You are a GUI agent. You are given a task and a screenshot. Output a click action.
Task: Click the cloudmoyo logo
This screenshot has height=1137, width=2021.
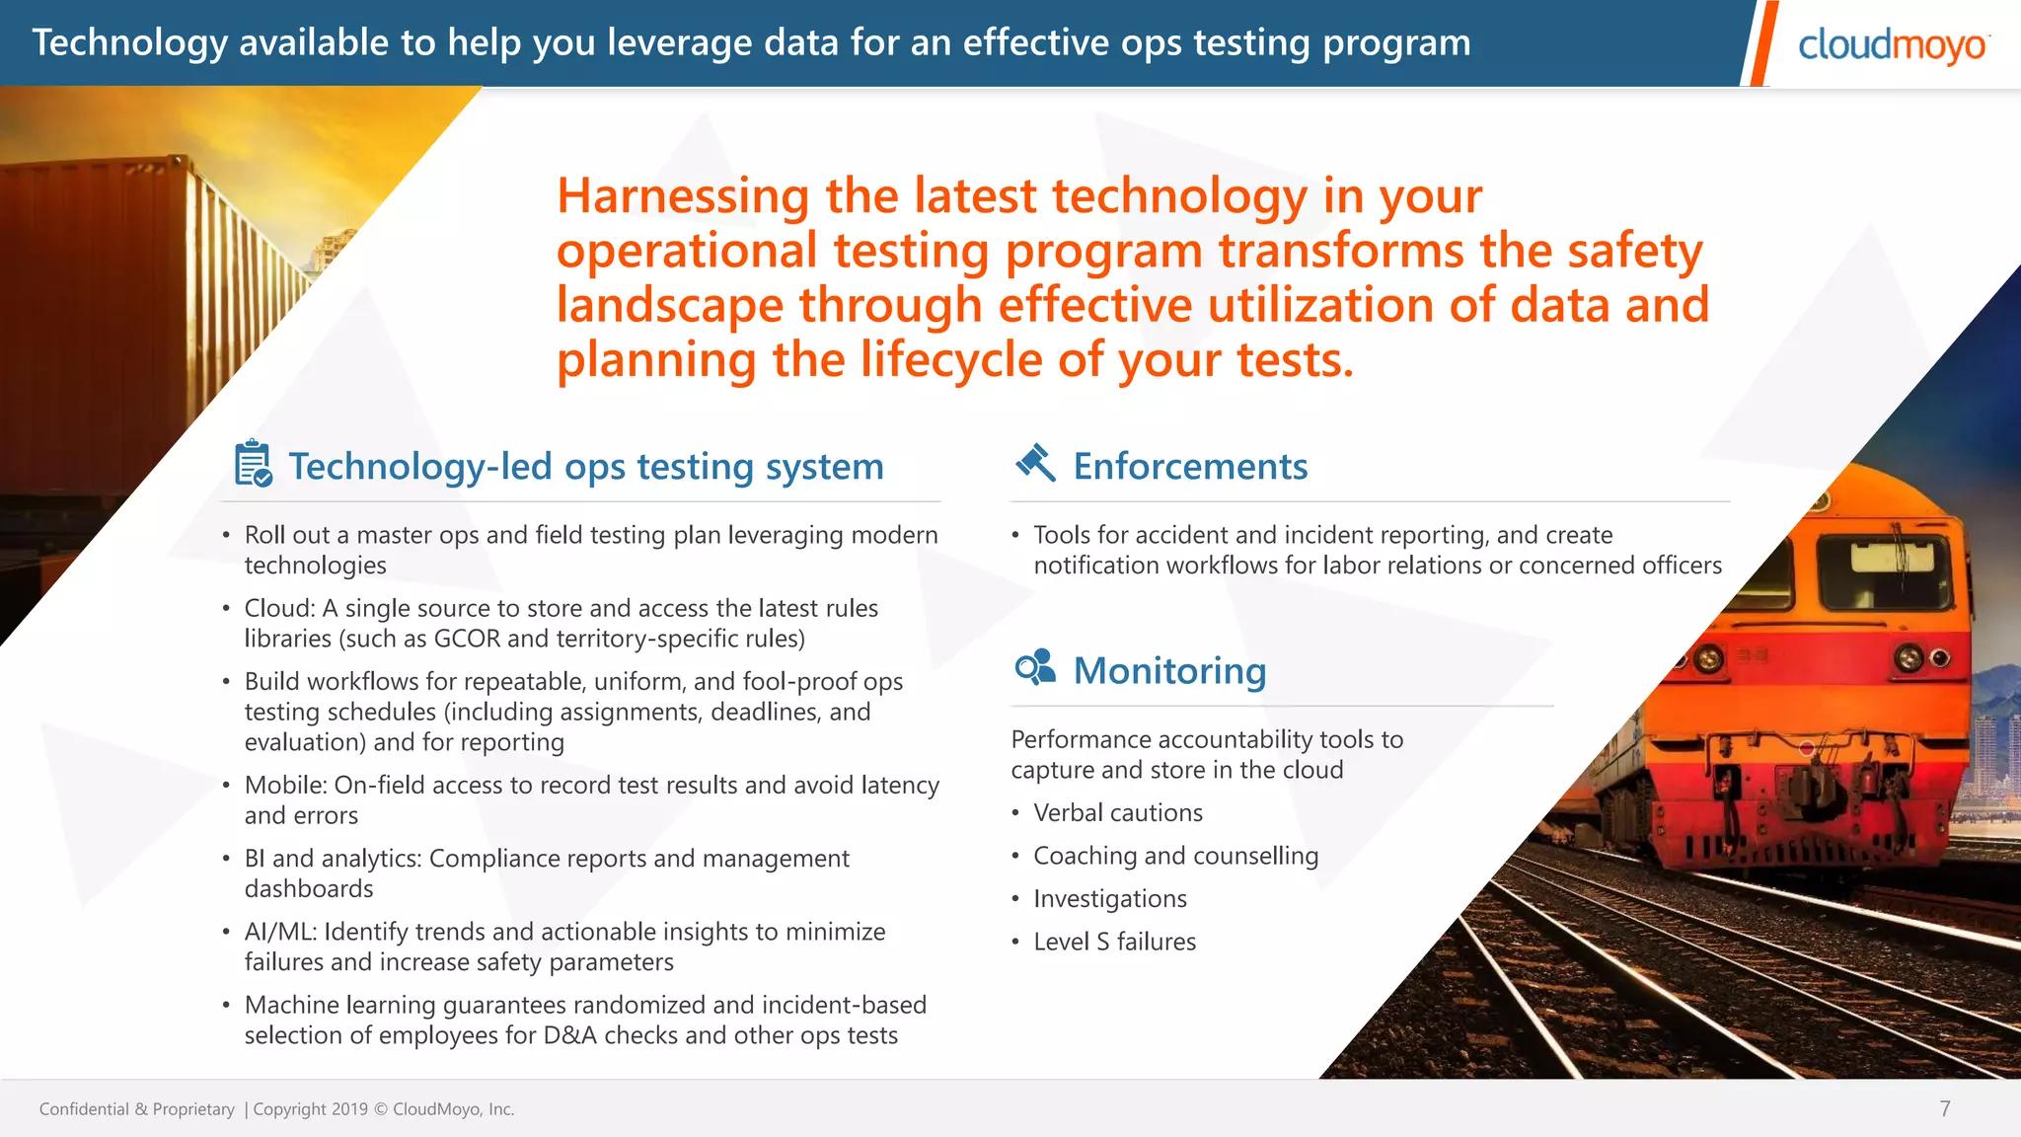click(x=1892, y=45)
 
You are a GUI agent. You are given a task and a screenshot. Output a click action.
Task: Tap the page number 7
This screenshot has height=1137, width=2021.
click(x=1944, y=1108)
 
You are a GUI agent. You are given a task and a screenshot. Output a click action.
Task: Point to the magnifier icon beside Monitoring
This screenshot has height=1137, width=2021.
click(x=1035, y=668)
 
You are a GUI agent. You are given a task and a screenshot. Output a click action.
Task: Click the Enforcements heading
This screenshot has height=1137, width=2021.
click(x=1190, y=466)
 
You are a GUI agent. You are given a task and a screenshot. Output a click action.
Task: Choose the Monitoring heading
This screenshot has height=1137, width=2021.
click(x=1169, y=670)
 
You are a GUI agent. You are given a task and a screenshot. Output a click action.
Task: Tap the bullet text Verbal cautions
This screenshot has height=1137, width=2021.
click(x=1117, y=812)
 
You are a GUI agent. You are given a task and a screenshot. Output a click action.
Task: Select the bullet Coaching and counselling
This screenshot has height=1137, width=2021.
click(x=1174, y=856)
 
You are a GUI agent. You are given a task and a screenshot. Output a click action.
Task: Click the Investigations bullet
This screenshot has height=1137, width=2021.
click(x=1109, y=898)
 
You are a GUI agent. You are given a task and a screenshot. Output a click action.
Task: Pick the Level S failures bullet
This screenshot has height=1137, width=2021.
click(x=1114, y=942)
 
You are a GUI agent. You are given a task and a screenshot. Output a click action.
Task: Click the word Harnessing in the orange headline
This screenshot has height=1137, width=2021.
click(x=682, y=196)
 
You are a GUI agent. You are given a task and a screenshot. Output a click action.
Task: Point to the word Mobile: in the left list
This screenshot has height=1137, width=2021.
click(x=285, y=785)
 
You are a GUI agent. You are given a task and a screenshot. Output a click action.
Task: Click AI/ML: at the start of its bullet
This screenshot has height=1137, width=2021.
click(x=280, y=932)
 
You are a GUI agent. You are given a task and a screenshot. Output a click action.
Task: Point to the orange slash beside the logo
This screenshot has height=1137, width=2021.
click(x=1760, y=43)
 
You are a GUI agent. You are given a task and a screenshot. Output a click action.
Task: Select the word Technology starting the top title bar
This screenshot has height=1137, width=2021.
click(x=129, y=42)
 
